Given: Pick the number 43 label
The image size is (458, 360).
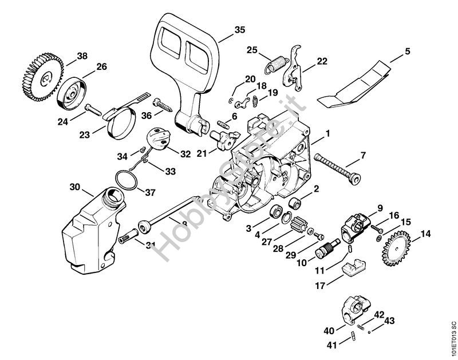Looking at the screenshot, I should click(389, 322).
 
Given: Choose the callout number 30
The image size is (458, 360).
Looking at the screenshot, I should click(75, 187).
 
